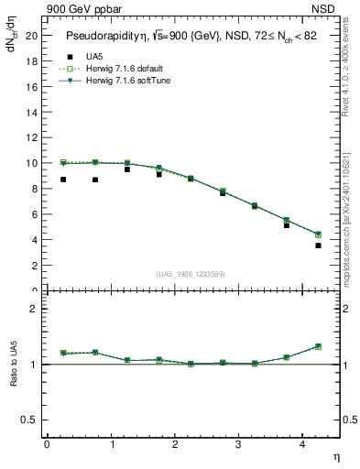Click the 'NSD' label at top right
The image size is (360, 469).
pyautogui.click(x=327, y=9)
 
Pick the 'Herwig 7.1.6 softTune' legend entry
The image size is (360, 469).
pyautogui.click(x=124, y=81)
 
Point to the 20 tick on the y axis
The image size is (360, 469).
pyautogui.click(x=35, y=35)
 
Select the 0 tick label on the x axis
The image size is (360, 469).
pyautogui.click(x=47, y=445)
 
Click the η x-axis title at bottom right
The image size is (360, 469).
pyautogui.click(x=334, y=455)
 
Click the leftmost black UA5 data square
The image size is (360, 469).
pyautogui.click(x=63, y=180)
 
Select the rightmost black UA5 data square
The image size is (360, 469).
pyautogui.click(x=318, y=245)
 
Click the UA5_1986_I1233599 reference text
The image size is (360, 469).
pyautogui.click(x=191, y=274)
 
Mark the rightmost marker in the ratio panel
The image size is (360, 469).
pyautogui.click(x=318, y=346)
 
